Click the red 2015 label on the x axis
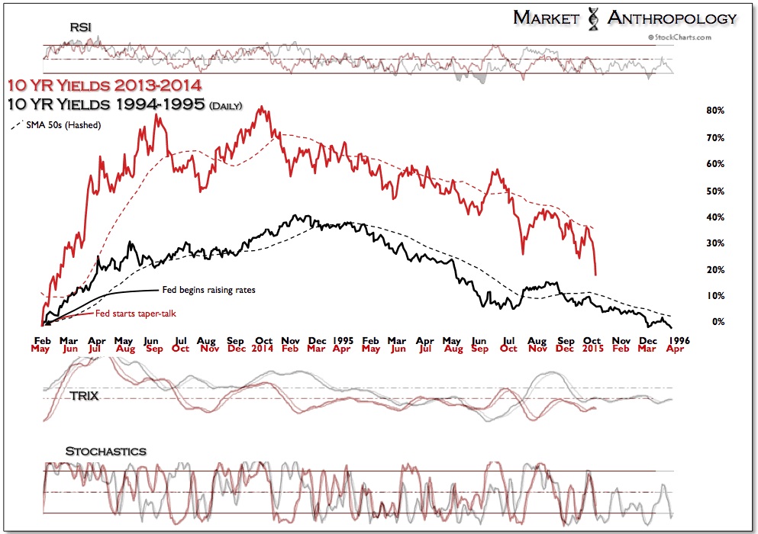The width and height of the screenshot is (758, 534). pos(592,349)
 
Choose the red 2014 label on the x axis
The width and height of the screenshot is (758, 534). pos(263,349)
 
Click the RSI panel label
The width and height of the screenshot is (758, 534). pos(79,27)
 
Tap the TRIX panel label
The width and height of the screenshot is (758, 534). pos(85,397)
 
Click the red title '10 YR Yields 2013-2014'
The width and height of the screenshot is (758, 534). pos(105,87)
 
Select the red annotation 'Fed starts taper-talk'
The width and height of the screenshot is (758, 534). pos(135,314)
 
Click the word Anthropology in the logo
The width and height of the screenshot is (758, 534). pos(672,18)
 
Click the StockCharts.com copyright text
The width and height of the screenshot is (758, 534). pos(679,37)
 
